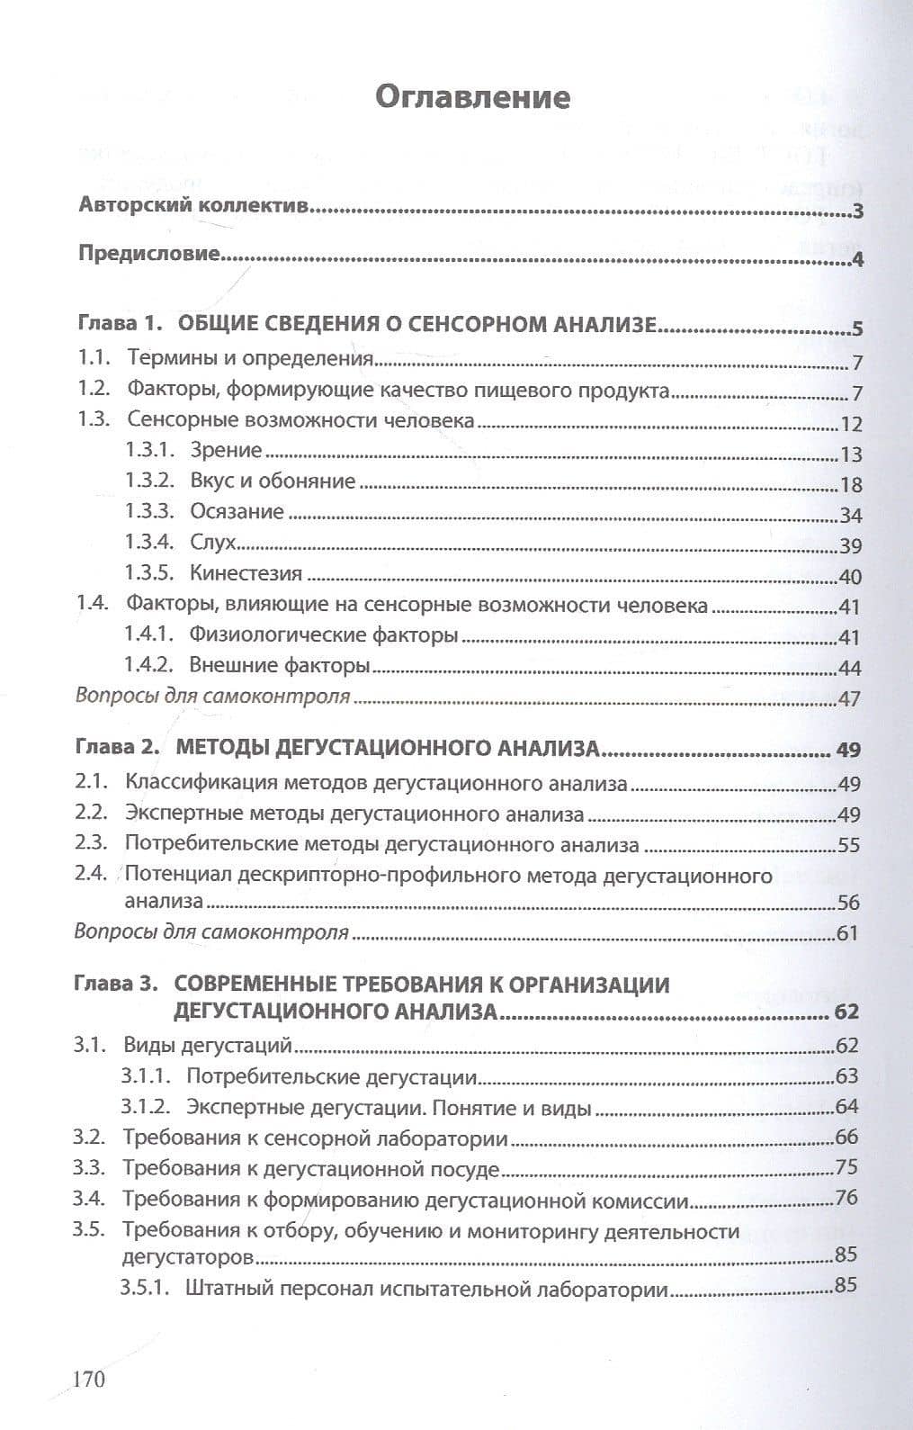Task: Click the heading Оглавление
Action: [472, 96]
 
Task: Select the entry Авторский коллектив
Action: [194, 206]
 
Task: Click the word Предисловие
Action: [149, 253]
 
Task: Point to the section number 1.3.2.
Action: [149, 481]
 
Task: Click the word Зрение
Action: [226, 450]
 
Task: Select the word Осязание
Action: [237, 511]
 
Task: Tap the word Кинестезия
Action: [246, 572]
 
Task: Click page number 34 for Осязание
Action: [850, 516]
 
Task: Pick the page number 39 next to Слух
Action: [850, 546]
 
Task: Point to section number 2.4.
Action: [91, 875]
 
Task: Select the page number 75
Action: [846, 1167]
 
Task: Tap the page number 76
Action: [846, 1198]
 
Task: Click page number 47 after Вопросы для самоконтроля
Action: [850, 698]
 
